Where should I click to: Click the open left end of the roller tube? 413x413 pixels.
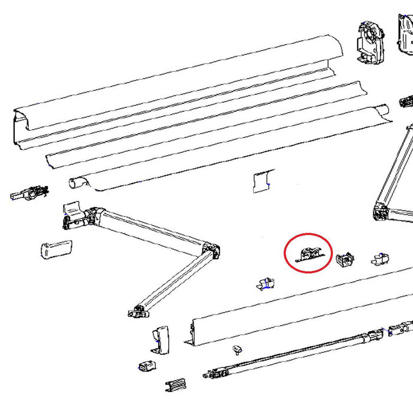tap(76, 182)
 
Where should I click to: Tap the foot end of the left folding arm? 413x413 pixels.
tap(138, 310)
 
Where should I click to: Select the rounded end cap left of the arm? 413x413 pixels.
tap(54, 248)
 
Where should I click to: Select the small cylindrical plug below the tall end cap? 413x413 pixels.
tap(147, 366)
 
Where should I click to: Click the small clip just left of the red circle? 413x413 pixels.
tap(266, 283)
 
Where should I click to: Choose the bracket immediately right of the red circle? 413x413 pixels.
tap(345, 259)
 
